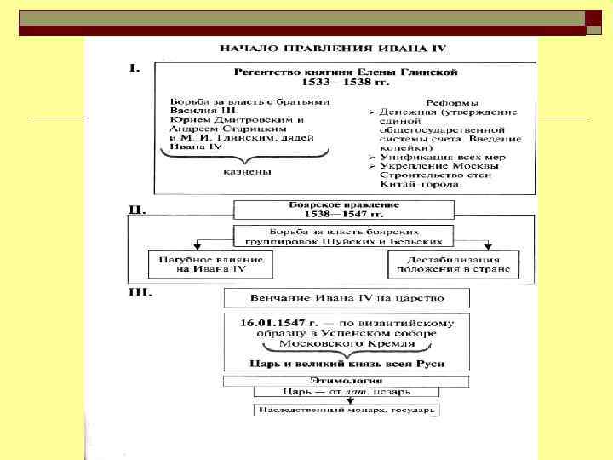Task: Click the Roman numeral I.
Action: [135, 68]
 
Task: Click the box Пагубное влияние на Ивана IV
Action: [209, 264]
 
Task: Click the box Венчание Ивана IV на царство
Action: [346, 299]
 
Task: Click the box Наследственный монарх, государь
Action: [346, 410]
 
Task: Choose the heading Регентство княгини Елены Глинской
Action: [346, 72]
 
